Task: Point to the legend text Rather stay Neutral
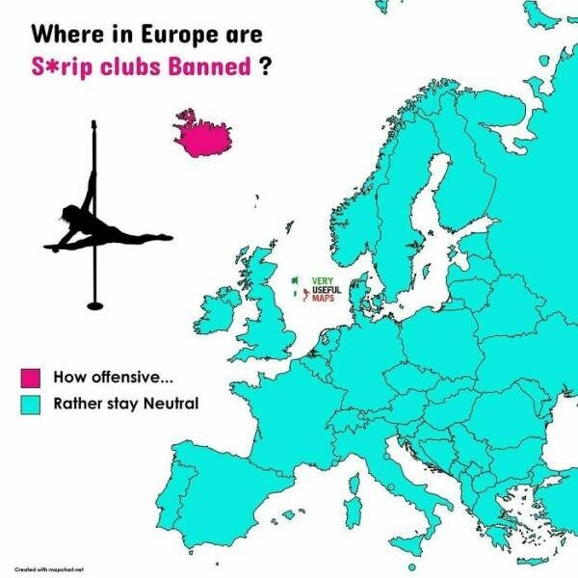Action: click(x=125, y=403)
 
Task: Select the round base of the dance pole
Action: click(x=94, y=305)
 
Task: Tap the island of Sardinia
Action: click(x=353, y=508)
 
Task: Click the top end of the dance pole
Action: click(x=94, y=123)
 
